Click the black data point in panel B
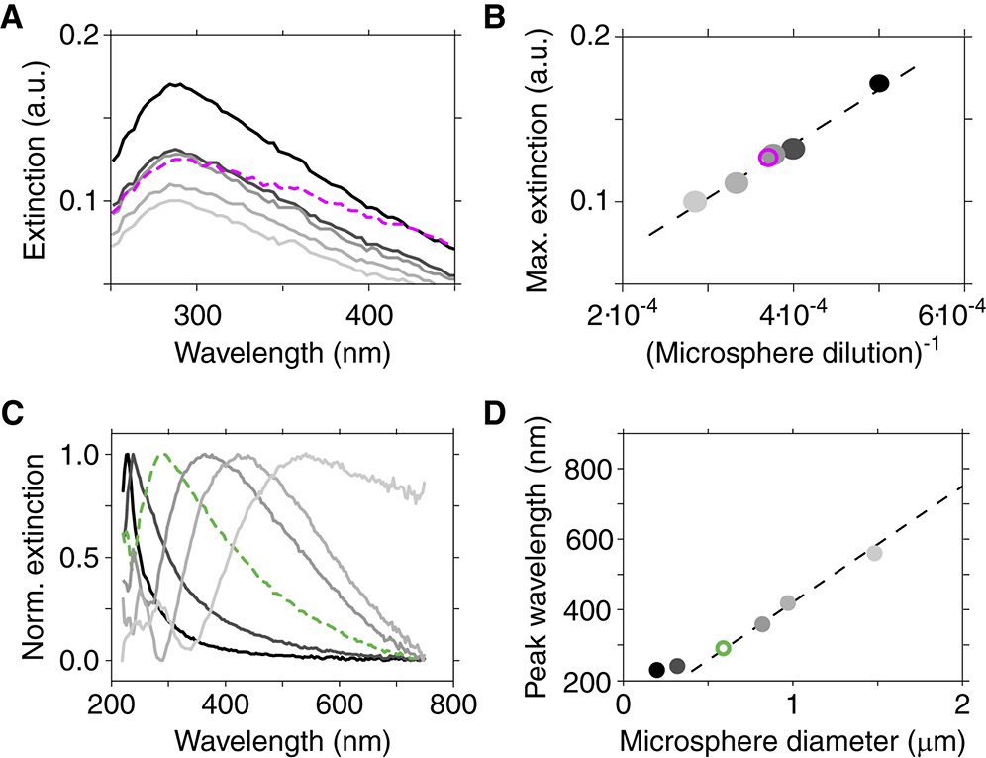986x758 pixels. pyautogui.click(x=878, y=83)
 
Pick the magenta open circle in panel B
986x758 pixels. pyautogui.click(x=767, y=157)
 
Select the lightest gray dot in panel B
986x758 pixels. pyautogui.click(x=695, y=201)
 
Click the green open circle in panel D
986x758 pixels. pyautogui.click(x=724, y=648)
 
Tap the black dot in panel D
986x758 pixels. pyautogui.click(x=656, y=670)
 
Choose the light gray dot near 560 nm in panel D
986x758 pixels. pyautogui.click(x=874, y=553)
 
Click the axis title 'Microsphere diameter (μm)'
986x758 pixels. pyautogui.click(x=792, y=739)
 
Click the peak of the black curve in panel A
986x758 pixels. pyautogui.click(x=175, y=85)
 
